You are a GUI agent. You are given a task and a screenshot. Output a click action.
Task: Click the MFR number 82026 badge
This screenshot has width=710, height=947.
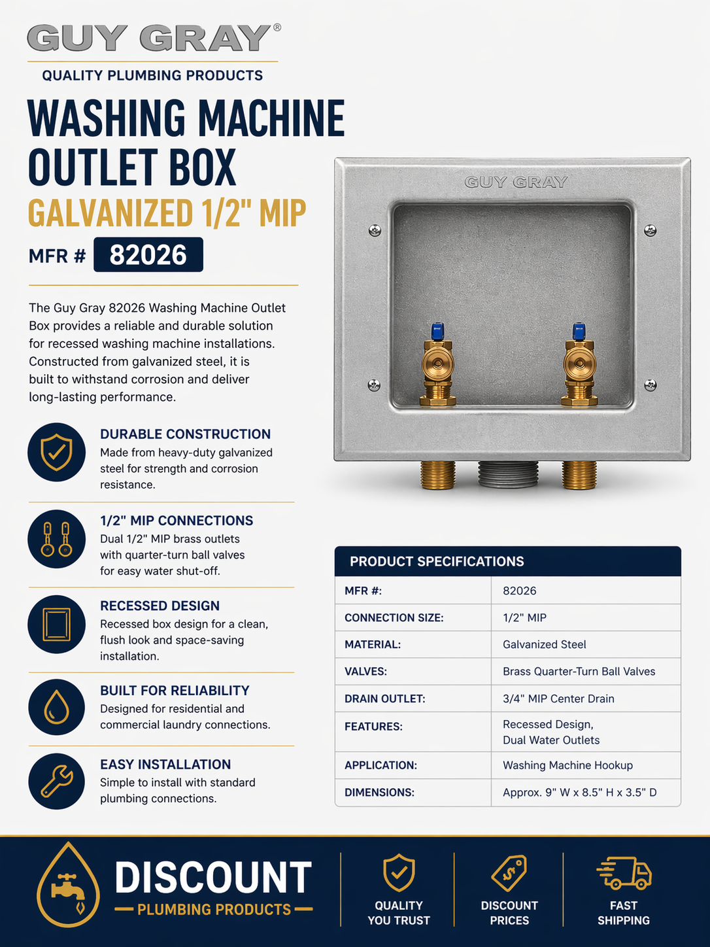[x=148, y=254]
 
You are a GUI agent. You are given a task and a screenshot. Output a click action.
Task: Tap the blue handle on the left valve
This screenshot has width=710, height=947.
[x=437, y=332]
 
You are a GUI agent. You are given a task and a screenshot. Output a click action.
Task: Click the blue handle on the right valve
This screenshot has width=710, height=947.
[x=579, y=332]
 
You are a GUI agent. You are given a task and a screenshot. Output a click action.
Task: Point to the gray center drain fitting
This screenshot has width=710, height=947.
[x=508, y=473]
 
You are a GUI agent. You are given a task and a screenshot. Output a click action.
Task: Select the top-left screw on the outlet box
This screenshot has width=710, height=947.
[x=375, y=230]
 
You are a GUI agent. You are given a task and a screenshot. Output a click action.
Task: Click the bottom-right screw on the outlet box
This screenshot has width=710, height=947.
[x=650, y=385]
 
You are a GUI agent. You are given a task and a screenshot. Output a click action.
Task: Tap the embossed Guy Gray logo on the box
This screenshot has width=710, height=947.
[x=516, y=182]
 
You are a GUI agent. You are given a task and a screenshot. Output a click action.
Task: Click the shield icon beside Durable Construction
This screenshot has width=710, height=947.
[x=56, y=452]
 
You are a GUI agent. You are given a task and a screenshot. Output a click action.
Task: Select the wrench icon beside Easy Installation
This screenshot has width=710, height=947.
[x=56, y=782]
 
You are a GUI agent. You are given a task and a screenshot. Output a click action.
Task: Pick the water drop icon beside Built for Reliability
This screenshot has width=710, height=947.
[x=56, y=707]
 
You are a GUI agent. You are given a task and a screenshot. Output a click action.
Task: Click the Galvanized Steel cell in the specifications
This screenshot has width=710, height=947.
[x=545, y=645]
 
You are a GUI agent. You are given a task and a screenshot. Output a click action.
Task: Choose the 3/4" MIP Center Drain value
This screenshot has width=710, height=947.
[x=558, y=698]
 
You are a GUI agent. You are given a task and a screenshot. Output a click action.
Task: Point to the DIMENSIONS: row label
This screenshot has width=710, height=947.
[x=379, y=793]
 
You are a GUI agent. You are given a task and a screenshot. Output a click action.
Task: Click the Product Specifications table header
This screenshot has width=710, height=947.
[x=508, y=561]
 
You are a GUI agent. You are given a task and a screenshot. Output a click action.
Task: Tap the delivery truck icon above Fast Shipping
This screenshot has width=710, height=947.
[x=624, y=872]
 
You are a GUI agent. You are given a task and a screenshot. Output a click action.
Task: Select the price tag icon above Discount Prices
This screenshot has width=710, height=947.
[x=509, y=872]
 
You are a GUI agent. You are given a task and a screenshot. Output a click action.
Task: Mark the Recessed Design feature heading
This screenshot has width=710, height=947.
[x=160, y=606]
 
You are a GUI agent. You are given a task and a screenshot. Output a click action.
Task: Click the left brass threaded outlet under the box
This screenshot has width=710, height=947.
[x=437, y=475]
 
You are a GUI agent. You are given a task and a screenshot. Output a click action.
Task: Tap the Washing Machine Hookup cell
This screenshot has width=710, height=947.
[x=567, y=765]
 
